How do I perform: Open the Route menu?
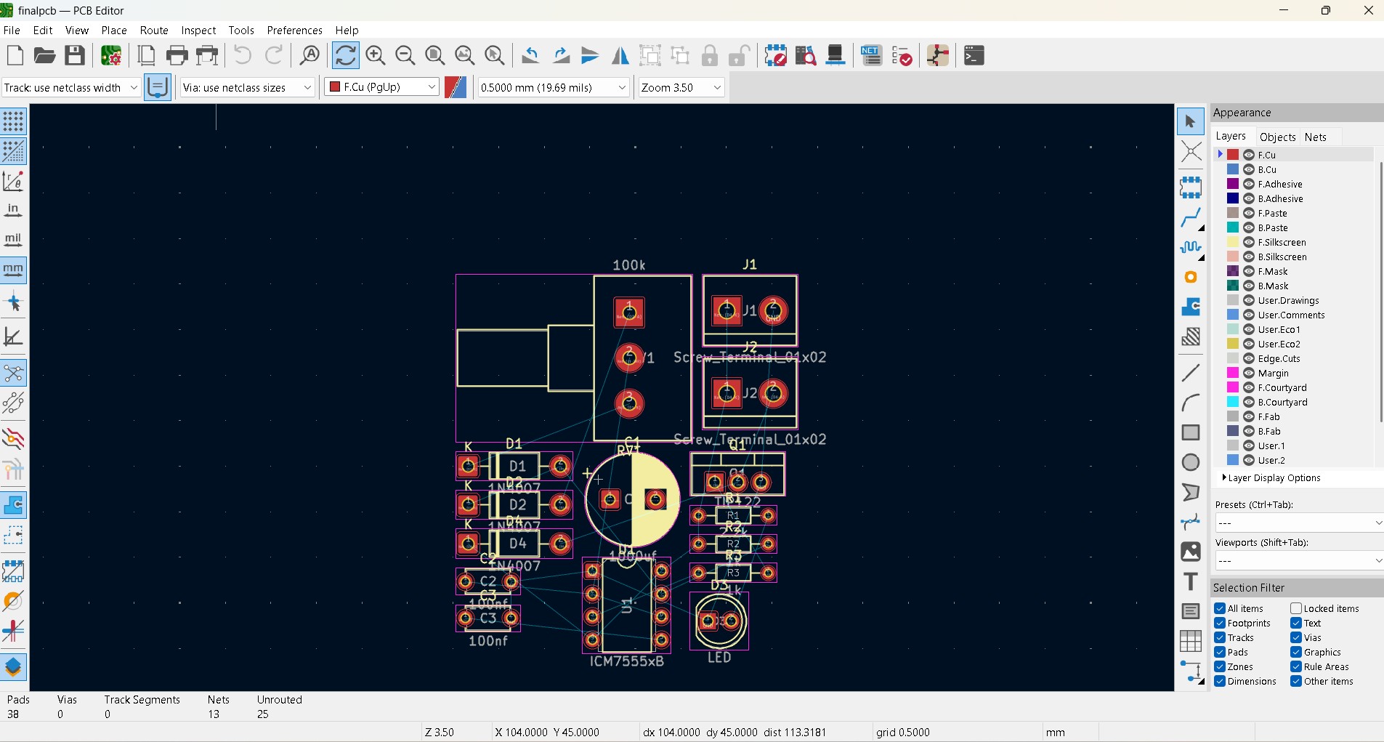coord(154,31)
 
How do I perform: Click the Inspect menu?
coord(198,31)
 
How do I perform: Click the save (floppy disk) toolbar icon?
coord(75,56)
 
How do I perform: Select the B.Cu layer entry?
coord(1267,169)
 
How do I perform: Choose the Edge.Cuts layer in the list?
coord(1279,358)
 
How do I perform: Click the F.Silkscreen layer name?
coord(1282,242)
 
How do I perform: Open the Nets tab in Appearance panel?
coord(1315,137)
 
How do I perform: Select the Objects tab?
coord(1277,137)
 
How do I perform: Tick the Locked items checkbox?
coord(1296,608)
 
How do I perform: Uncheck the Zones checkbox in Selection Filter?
coord(1220,666)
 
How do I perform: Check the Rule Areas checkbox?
coord(1296,666)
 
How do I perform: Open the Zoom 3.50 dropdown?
coord(681,87)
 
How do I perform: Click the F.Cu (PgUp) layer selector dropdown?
coord(382,87)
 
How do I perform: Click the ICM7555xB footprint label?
coord(626,661)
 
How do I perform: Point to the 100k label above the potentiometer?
coord(628,265)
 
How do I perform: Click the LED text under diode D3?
coord(719,658)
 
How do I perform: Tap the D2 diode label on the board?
coord(517,504)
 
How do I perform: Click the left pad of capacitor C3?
coord(466,618)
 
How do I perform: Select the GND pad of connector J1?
coord(773,311)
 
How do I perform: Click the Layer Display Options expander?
coord(1274,478)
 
